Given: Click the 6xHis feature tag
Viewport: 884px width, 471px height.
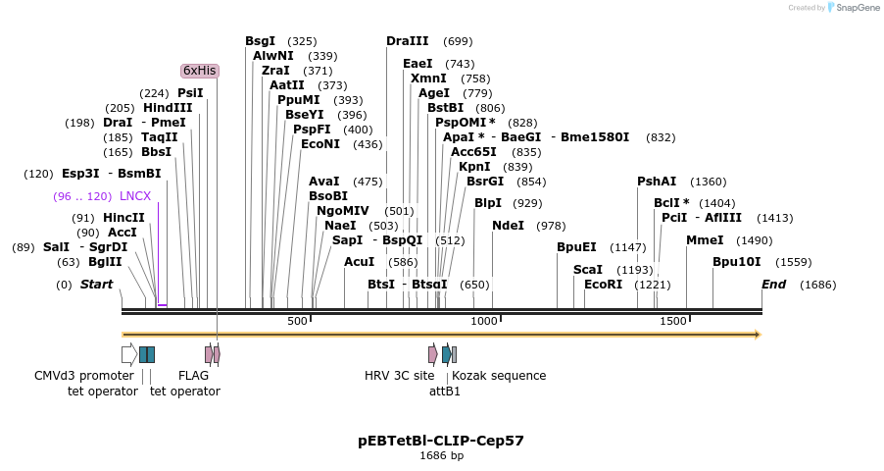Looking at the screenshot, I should pos(200,71).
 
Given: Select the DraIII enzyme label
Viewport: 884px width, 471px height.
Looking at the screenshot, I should pos(408,41).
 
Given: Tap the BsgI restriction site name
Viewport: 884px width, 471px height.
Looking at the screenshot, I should pos(261,41).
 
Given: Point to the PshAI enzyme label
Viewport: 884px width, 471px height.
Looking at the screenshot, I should pos(657,182).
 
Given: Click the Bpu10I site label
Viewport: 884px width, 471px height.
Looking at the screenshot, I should pos(736,262).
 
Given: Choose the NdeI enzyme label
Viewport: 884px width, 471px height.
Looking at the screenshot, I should pos(508,226).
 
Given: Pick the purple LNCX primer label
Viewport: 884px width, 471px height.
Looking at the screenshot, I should pos(135,196).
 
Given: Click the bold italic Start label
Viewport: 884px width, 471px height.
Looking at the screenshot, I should pos(96,285).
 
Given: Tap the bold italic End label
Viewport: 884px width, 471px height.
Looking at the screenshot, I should pos(774,285).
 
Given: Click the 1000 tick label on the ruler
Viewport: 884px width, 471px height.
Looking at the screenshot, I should pos(484,322).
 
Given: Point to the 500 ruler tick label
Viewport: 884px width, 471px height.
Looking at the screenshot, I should pos(297,322).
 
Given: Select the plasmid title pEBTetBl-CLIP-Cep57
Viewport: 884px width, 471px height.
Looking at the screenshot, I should pos(441,441).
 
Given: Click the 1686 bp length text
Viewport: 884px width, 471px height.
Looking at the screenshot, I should pos(441,455).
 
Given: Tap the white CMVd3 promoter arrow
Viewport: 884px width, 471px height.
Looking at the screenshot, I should pos(128,354).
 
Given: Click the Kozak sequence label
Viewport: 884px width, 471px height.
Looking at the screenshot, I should pos(499,376).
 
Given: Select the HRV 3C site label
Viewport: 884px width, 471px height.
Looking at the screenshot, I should pos(399,376).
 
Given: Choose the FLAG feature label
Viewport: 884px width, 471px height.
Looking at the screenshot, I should pos(193,376).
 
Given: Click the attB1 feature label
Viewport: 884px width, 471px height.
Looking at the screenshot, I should pos(445,391).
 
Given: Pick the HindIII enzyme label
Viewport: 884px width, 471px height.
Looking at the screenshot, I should pos(168,108).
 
